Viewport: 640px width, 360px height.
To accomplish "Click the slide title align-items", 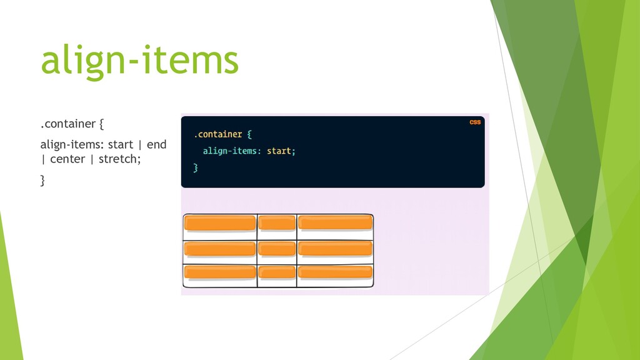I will coord(139,60).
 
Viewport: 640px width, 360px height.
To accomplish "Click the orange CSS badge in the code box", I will coord(475,122).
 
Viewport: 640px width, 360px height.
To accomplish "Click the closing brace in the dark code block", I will coord(196,167).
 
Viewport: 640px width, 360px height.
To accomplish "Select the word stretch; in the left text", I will coord(119,159).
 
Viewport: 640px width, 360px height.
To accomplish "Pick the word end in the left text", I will coord(156,145).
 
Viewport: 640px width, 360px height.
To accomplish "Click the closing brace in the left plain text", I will coord(43,181).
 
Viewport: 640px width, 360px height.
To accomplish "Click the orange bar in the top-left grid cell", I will coord(220,223).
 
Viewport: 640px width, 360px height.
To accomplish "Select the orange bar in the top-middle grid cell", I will coord(277,223).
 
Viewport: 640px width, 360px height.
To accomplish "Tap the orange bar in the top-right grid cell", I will coord(335,223).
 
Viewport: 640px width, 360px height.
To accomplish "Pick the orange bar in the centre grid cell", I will coord(277,248).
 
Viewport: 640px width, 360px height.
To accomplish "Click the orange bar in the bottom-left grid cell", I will coord(220,272).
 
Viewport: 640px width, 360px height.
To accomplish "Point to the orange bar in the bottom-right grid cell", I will coord(335,272).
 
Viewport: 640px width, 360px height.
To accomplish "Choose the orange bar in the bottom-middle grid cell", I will coord(277,272).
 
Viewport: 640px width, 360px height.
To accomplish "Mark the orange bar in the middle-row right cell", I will coord(335,248).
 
